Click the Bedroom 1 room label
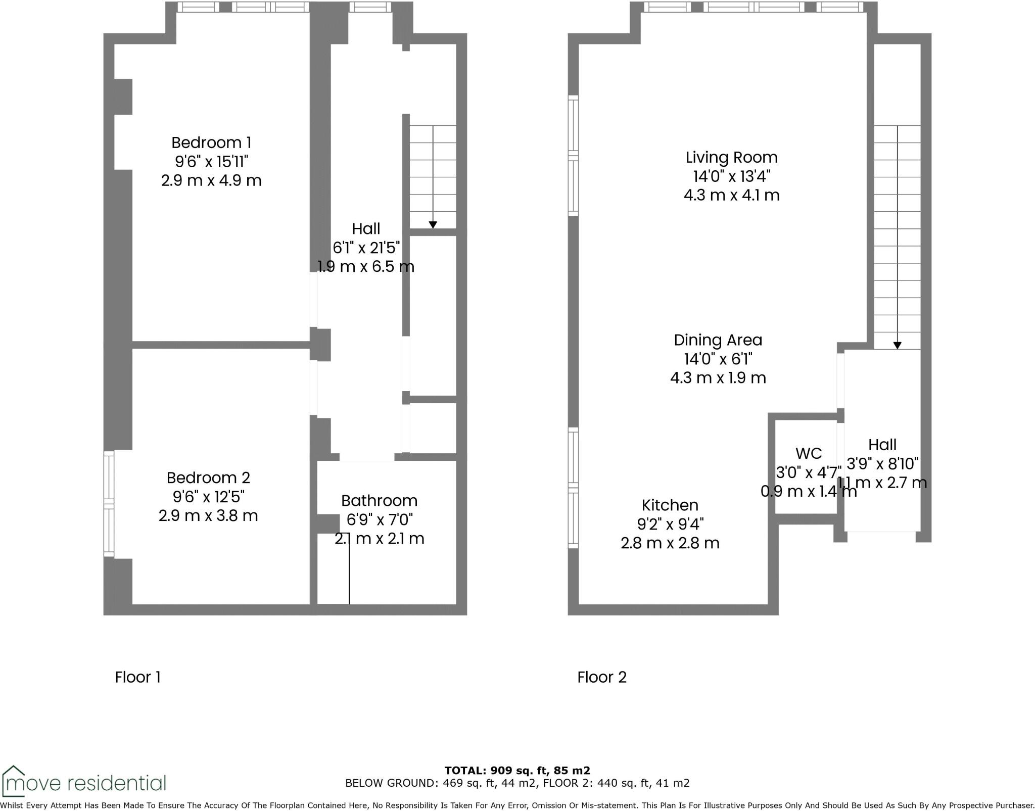pos(211,142)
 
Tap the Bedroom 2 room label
pos(208,478)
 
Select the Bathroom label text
pos(379,501)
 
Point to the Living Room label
pos(731,157)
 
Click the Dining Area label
pos(718,340)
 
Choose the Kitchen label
pos(670,505)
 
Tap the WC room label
pos(808,453)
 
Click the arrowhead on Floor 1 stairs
pos(433,225)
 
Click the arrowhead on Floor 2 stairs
pos(897,346)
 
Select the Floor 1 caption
pos(137,677)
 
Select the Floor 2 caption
pos(602,677)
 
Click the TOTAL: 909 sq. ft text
pos(517,771)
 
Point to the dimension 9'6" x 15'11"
pos(211,162)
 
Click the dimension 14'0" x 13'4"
pos(731,176)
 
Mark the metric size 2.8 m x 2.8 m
pos(670,543)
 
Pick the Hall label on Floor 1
pos(366,229)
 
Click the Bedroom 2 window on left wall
pos(109,503)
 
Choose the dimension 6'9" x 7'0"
pos(379,519)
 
